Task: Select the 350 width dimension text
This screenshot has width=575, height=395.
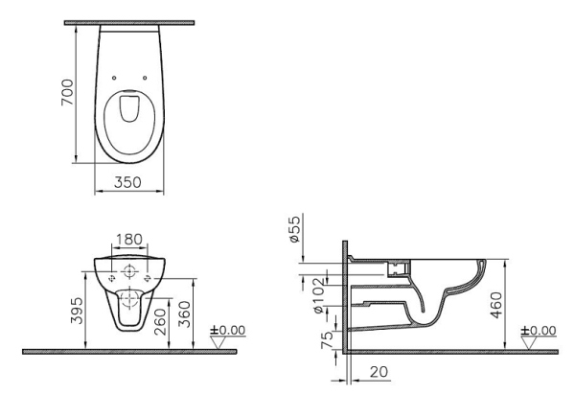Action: (x=128, y=181)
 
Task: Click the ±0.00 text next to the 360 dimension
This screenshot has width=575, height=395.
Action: (x=229, y=330)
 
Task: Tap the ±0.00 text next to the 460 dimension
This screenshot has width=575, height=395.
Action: (x=539, y=330)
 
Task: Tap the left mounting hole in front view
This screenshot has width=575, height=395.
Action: (x=112, y=275)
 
